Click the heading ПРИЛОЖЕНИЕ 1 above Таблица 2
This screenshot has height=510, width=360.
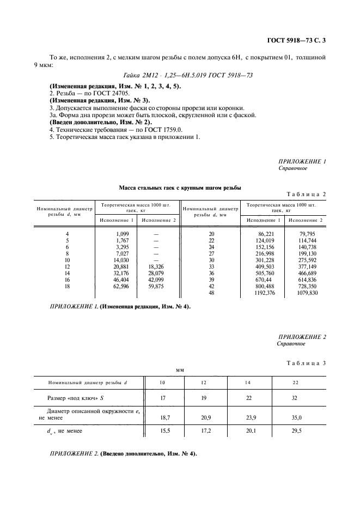[302, 162]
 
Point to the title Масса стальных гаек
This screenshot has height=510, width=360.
[180, 188]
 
